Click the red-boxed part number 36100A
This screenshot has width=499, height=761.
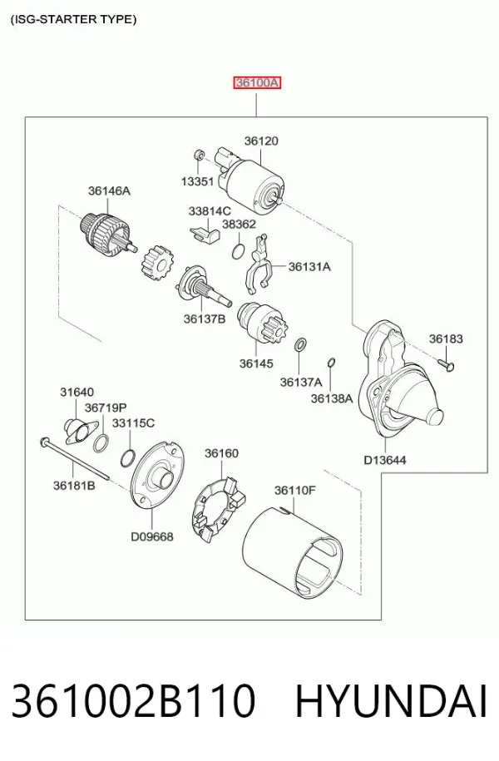[x=257, y=83]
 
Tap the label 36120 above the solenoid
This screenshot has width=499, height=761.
[x=261, y=141]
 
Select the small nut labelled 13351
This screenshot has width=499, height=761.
[x=198, y=155]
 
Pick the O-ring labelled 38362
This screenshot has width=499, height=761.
[x=238, y=252]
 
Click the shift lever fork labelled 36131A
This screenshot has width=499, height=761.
[x=256, y=265]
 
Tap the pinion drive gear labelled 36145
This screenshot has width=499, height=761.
[x=262, y=323]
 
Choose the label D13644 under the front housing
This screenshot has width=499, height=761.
[x=385, y=460]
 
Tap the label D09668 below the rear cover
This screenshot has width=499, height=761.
[x=152, y=536]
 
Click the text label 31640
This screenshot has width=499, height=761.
[x=77, y=392]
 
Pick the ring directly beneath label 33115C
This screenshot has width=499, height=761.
[x=128, y=457]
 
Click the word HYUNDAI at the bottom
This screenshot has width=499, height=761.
[x=391, y=701]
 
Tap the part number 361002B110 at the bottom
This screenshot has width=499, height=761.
[x=133, y=701]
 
